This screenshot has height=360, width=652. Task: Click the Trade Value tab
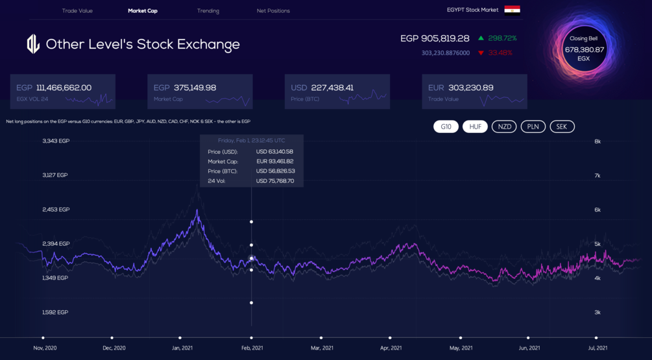point(77,11)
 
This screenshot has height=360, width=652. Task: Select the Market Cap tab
point(143,11)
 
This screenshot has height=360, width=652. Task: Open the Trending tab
point(208,11)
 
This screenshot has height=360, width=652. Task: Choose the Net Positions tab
point(273,11)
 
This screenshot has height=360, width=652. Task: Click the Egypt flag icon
point(512,10)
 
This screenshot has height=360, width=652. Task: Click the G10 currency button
point(446,126)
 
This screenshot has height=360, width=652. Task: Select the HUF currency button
point(475,126)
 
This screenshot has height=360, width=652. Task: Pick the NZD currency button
point(504,126)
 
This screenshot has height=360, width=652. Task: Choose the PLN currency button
point(533,126)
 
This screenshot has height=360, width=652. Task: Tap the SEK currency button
point(562,126)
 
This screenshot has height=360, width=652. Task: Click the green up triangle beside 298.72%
point(481,38)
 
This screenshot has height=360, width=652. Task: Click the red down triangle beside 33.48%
point(481,53)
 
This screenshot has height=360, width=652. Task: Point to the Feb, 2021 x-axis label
point(252,348)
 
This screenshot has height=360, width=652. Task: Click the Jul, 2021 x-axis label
point(597,348)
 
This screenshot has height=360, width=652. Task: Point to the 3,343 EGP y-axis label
point(56,141)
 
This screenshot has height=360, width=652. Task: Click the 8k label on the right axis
point(597,141)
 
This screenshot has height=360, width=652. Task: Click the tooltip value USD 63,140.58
point(274,152)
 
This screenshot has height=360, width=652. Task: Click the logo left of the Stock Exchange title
point(33,44)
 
